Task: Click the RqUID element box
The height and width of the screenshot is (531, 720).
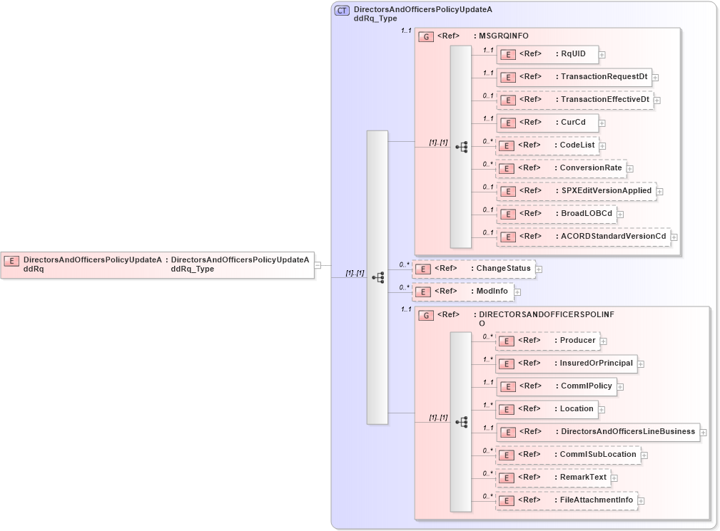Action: (547, 54)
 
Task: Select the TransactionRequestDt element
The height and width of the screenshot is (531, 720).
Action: (574, 77)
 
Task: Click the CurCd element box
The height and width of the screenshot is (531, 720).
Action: (547, 123)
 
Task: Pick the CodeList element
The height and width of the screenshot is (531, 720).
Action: (547, 145)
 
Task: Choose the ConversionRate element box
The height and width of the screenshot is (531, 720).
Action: (561, 169)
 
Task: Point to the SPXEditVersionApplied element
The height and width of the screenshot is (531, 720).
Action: (576, 191)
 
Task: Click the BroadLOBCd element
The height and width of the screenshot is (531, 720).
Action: (556, 214)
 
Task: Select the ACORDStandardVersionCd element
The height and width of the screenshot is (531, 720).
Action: (583, 237)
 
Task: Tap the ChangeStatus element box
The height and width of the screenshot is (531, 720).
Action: (474, 269)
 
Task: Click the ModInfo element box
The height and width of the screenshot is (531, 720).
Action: (463, 292)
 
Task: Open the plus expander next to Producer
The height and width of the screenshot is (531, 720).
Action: (604, 341)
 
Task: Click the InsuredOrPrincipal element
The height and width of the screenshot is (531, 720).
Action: (566, 364)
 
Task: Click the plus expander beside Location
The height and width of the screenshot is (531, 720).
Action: (602, 410)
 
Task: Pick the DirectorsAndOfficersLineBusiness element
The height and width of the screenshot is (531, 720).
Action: (597, 432)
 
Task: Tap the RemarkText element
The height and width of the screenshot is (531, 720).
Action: (553, 478)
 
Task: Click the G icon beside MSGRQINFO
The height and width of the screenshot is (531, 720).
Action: (426, 36)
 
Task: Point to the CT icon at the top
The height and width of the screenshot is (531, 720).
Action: (343, 11)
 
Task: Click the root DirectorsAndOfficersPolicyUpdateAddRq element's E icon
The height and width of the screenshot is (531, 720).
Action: (11, 261)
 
